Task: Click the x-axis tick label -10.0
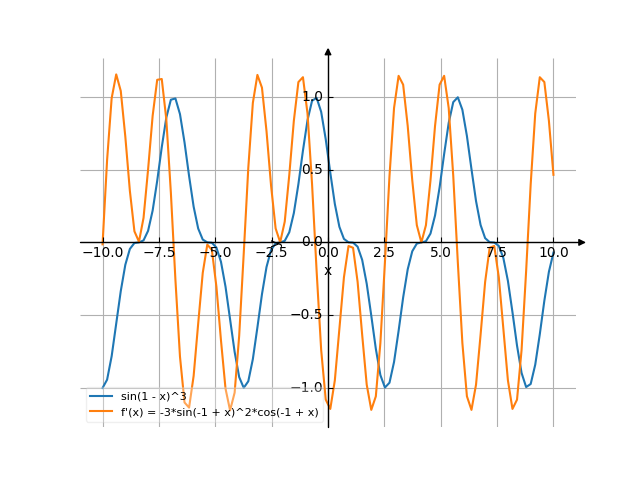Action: (102, 254)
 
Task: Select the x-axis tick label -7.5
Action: (158, 254)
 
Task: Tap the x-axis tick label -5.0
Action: (214, 254)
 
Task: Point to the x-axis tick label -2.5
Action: (270, 254)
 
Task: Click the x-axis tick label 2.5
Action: (384, 254)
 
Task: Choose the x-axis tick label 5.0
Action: (441, 254)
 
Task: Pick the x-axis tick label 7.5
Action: (497, 254)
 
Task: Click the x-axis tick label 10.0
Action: (553, 254)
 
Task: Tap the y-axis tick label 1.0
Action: (312, 97)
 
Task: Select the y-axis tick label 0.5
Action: (312, 169)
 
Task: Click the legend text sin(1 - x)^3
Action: (153, 397)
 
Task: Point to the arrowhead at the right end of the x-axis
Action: (582, 242)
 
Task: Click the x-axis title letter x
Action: (327, 270)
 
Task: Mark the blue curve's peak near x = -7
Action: (173, 98)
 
